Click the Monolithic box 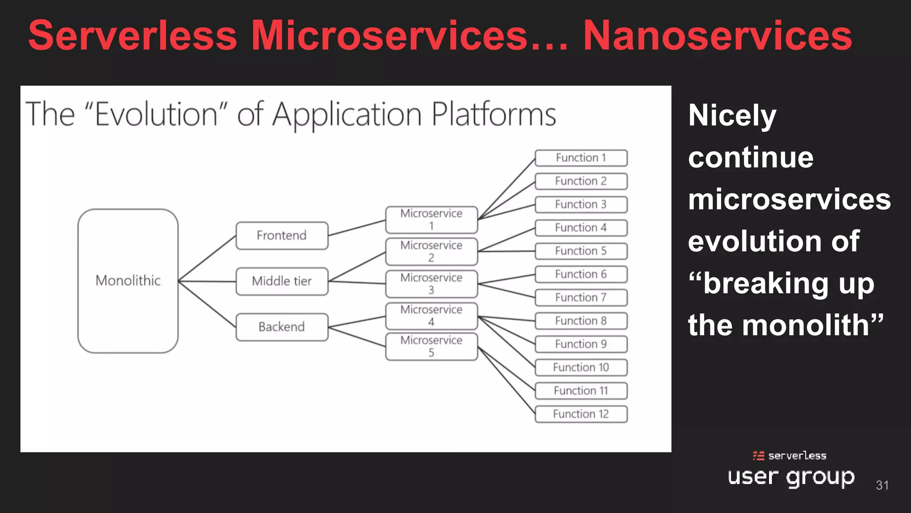coord(128,281)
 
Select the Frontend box coord(282,236)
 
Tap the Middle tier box coord(282,281)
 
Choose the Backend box coord(282,327)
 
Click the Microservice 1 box coord(431,220)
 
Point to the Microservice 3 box coord(431,284)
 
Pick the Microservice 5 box coord(431,346)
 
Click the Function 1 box coord(581,158)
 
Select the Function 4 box coord(581,228)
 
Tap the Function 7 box coord(581,297)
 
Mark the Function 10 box coord(581,367)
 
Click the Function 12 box coord(581,414)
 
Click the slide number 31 coord(882,485)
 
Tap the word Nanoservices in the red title coord(717,36)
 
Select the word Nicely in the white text coord(732,115)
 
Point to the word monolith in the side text coord(805,325)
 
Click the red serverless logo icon coord(758,456)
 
